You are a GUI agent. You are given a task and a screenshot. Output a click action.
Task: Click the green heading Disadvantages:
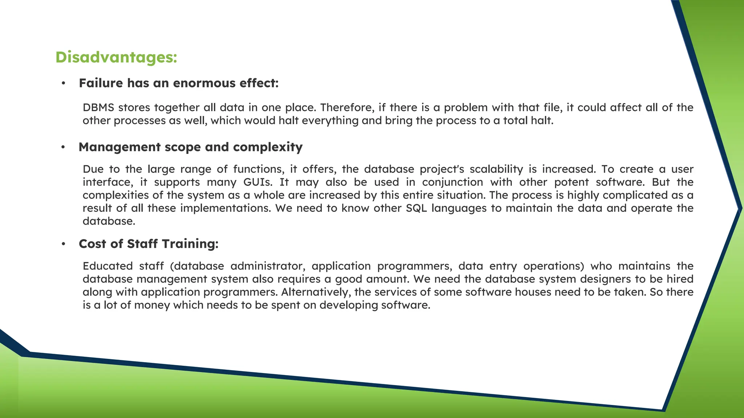pyautogui.click(x=116, y=57)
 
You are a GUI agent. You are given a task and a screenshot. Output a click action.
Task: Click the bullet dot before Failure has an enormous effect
pyautogui.click(x=63, y=83)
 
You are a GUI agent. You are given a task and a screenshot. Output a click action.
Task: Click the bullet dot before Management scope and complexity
pyautogui.click(x=63, y=147)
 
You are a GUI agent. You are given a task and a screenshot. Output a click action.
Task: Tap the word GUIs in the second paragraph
pyautogui.click(x=258, y=182)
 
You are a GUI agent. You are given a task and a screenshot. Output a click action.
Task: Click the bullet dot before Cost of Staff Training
pyautogui.click(x=63, y=244)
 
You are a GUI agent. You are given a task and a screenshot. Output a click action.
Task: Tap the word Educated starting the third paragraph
pyautogui.click(x=108, y=266)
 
